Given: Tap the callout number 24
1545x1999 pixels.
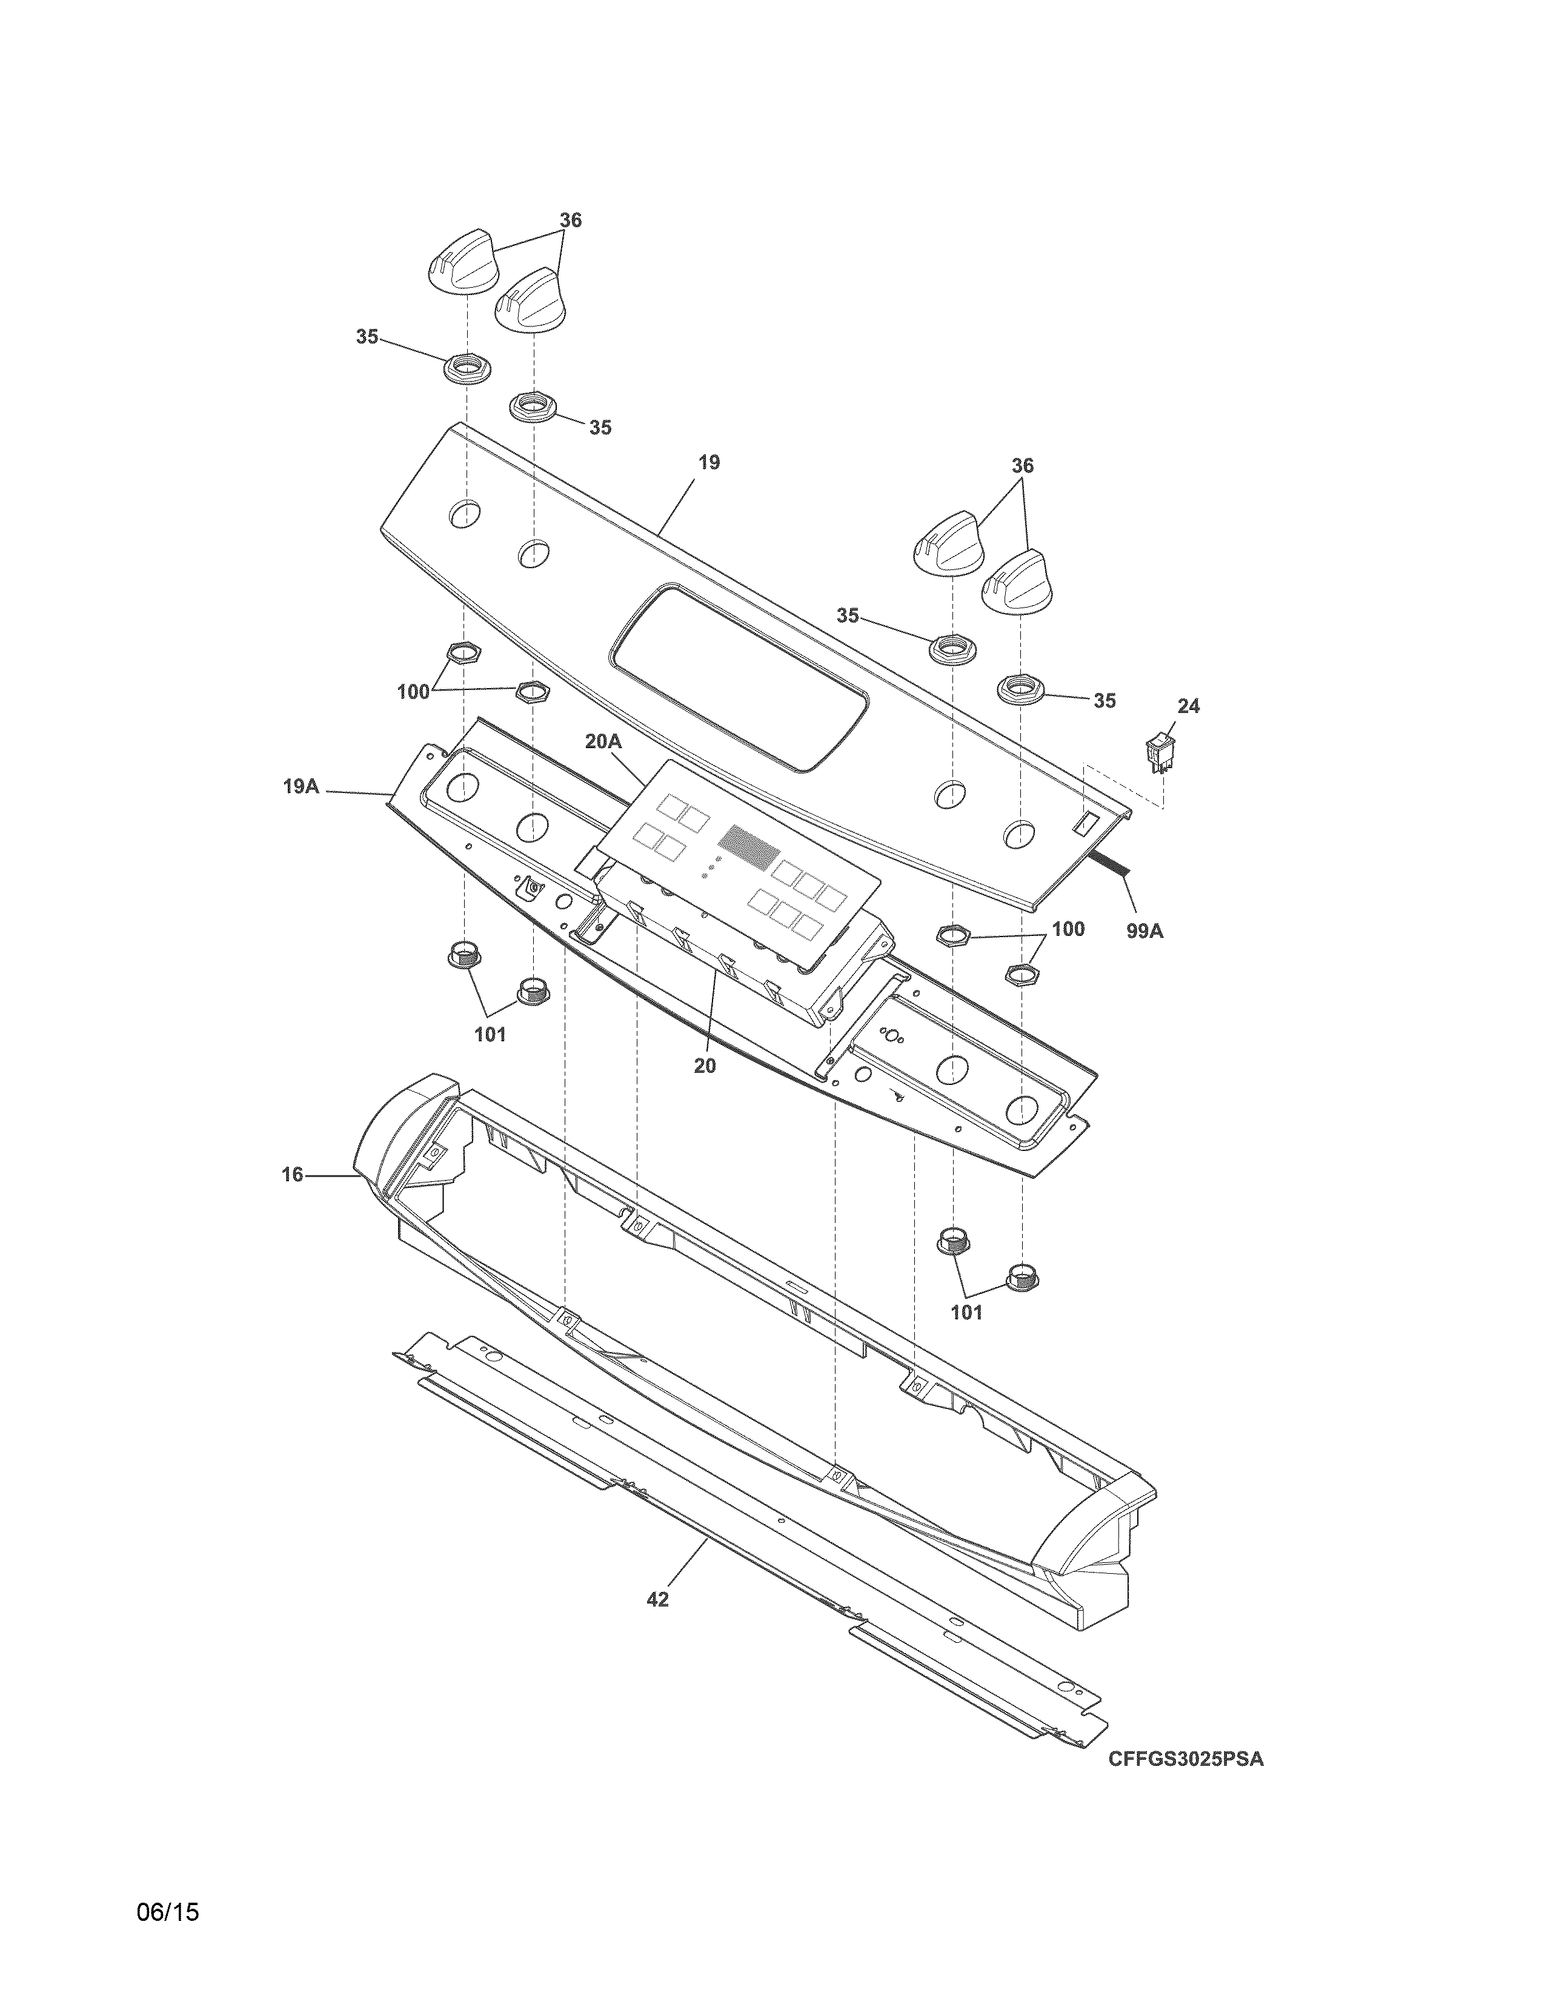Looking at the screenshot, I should (x=1188, y=706).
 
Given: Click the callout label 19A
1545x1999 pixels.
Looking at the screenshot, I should (x=300, y=785).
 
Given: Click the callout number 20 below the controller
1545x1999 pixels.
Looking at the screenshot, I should (x=704, y=1066).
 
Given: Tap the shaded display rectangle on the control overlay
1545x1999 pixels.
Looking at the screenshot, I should (x=749, y=847).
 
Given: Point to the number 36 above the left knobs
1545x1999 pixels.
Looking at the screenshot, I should (x=570, y=220).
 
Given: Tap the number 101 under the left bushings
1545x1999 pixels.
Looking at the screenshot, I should (x=490, y=1035).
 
